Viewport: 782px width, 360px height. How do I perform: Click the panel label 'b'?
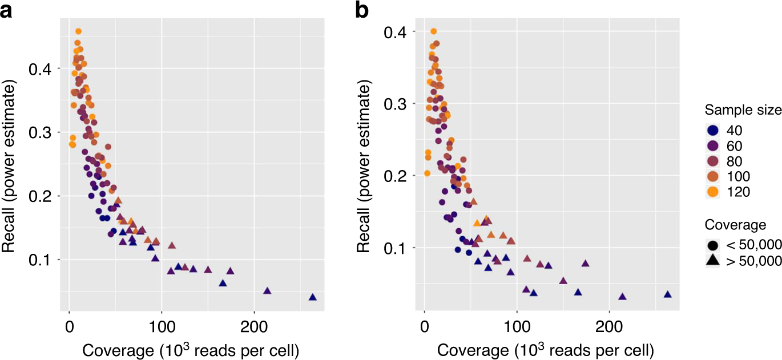[x=362, y=10]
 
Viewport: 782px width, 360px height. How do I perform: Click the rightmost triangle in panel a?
[x=312, y=297]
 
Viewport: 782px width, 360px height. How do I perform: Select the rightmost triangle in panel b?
[x=667, y=294]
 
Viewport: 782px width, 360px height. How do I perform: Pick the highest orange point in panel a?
[x=78, y=31]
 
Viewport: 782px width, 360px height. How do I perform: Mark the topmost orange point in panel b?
[x=434, y=31]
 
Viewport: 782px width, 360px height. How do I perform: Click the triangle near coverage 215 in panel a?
[x=267, y=291]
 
